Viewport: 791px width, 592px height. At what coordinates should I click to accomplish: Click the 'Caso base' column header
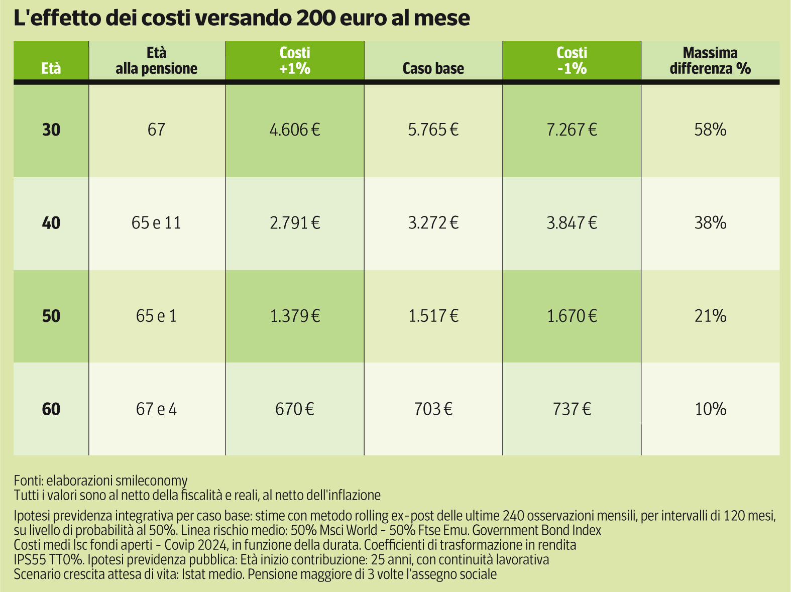[433, 68]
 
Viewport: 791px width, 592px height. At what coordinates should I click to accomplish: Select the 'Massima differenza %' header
[710, 61]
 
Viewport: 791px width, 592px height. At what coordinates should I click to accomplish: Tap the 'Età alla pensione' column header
[157, 61]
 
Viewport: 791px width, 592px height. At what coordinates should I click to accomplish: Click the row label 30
[51, 130]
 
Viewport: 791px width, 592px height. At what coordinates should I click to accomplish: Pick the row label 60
[51, 409]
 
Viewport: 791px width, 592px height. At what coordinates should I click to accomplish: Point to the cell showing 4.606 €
[295, 130]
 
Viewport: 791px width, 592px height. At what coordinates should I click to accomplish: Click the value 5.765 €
[433, 130]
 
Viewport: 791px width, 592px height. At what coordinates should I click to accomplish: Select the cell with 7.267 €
[572, 130]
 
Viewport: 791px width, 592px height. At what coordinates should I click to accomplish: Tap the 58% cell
[710, 130]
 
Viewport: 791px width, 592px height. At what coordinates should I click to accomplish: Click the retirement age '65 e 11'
[156, 222]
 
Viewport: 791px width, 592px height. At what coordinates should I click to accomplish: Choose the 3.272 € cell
[433, 222]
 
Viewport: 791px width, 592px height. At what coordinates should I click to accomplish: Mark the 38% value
[710, 222]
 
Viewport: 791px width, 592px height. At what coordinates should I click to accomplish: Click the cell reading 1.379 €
[295, 316]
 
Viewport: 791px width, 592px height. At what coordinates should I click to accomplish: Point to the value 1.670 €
[572, 316]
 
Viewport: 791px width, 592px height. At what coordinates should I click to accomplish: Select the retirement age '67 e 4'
[156, 409]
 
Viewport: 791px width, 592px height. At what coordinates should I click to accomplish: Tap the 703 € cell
[433, 409]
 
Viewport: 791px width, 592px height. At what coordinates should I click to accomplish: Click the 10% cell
[710, 409]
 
